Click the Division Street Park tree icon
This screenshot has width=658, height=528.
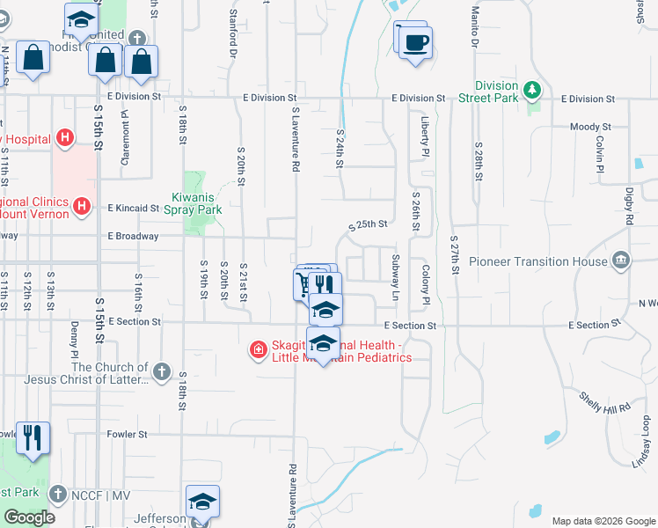coord(531,90)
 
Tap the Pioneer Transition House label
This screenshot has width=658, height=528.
coord(537,261)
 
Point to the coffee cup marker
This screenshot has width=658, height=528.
coord(416,42)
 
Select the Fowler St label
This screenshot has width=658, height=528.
coord(128,434)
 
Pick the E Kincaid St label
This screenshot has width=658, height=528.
coord(133,209)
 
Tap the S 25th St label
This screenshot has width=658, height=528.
coord(368,224)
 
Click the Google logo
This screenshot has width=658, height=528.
coord(29,517)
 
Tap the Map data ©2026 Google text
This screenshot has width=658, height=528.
coord(603,521)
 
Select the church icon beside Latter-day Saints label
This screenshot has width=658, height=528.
coord(161,372)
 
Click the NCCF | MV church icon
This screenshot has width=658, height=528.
coord(58,492)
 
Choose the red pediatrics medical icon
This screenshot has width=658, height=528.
coord(259,350)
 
